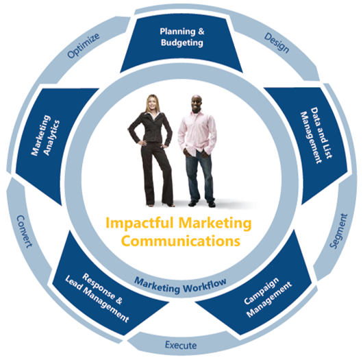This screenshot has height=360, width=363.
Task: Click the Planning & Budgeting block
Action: point(181,44)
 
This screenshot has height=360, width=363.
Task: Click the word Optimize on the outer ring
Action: point(84,45)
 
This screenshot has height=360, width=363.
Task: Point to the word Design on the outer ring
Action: point(277,43)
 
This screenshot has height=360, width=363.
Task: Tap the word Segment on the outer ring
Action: point(338,231)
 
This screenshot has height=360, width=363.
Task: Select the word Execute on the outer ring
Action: point(181,345)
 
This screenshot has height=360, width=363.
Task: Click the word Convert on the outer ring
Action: point(24,231)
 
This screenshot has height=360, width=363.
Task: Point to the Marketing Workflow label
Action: point(180,285)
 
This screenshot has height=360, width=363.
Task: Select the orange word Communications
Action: point(181,241)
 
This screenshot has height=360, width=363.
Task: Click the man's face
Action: point(197,104)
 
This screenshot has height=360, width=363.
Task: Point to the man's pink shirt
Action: point(197,133)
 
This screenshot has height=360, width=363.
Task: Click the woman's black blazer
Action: point(151,128)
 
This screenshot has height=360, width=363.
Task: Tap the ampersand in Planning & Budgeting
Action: point(201,32)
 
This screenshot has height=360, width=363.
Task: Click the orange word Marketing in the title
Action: point(215,224)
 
